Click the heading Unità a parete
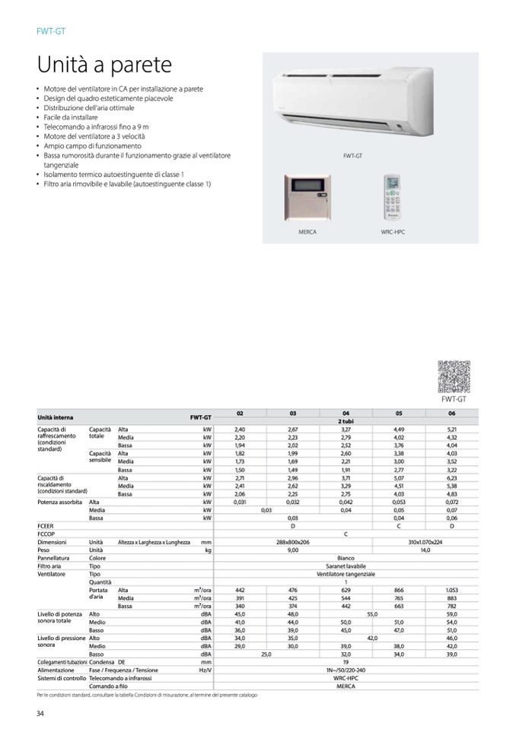pos(104,65)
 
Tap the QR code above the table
pos(453,376)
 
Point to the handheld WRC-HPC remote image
pos(392,198)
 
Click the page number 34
pos(41,712)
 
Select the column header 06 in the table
pos(451,414)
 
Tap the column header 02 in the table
pos(240,414)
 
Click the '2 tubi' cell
pos(346,420)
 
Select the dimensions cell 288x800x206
pos(292,542)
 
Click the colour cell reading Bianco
pos(346,557)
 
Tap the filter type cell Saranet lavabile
pos(346,566)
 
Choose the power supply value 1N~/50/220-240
pos(346,669)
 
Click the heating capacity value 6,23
pos(451,478)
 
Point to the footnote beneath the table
pos(147,695)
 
